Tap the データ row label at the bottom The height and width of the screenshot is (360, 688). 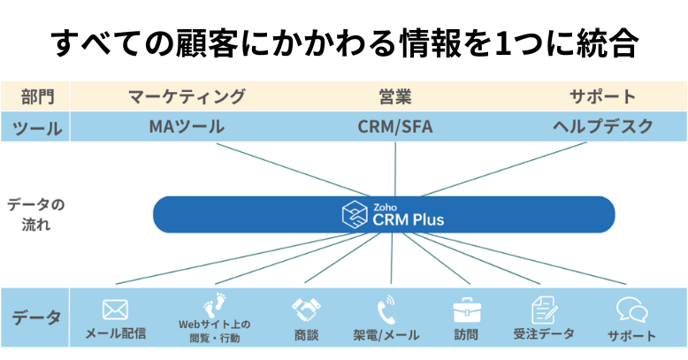click(35, 318)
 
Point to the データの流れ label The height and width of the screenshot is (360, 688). click(35, 214)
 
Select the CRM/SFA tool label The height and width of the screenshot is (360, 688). click(395, 126)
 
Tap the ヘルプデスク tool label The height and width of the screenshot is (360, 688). click(603, 126)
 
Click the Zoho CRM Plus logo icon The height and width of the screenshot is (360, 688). click(355, 215)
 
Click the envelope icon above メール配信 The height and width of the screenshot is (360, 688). click(116, 310)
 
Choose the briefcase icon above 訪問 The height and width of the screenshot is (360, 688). click(466, 310)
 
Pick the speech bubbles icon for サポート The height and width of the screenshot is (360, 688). click(631, 310)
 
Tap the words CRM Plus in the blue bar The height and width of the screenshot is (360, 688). click(409, 219)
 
